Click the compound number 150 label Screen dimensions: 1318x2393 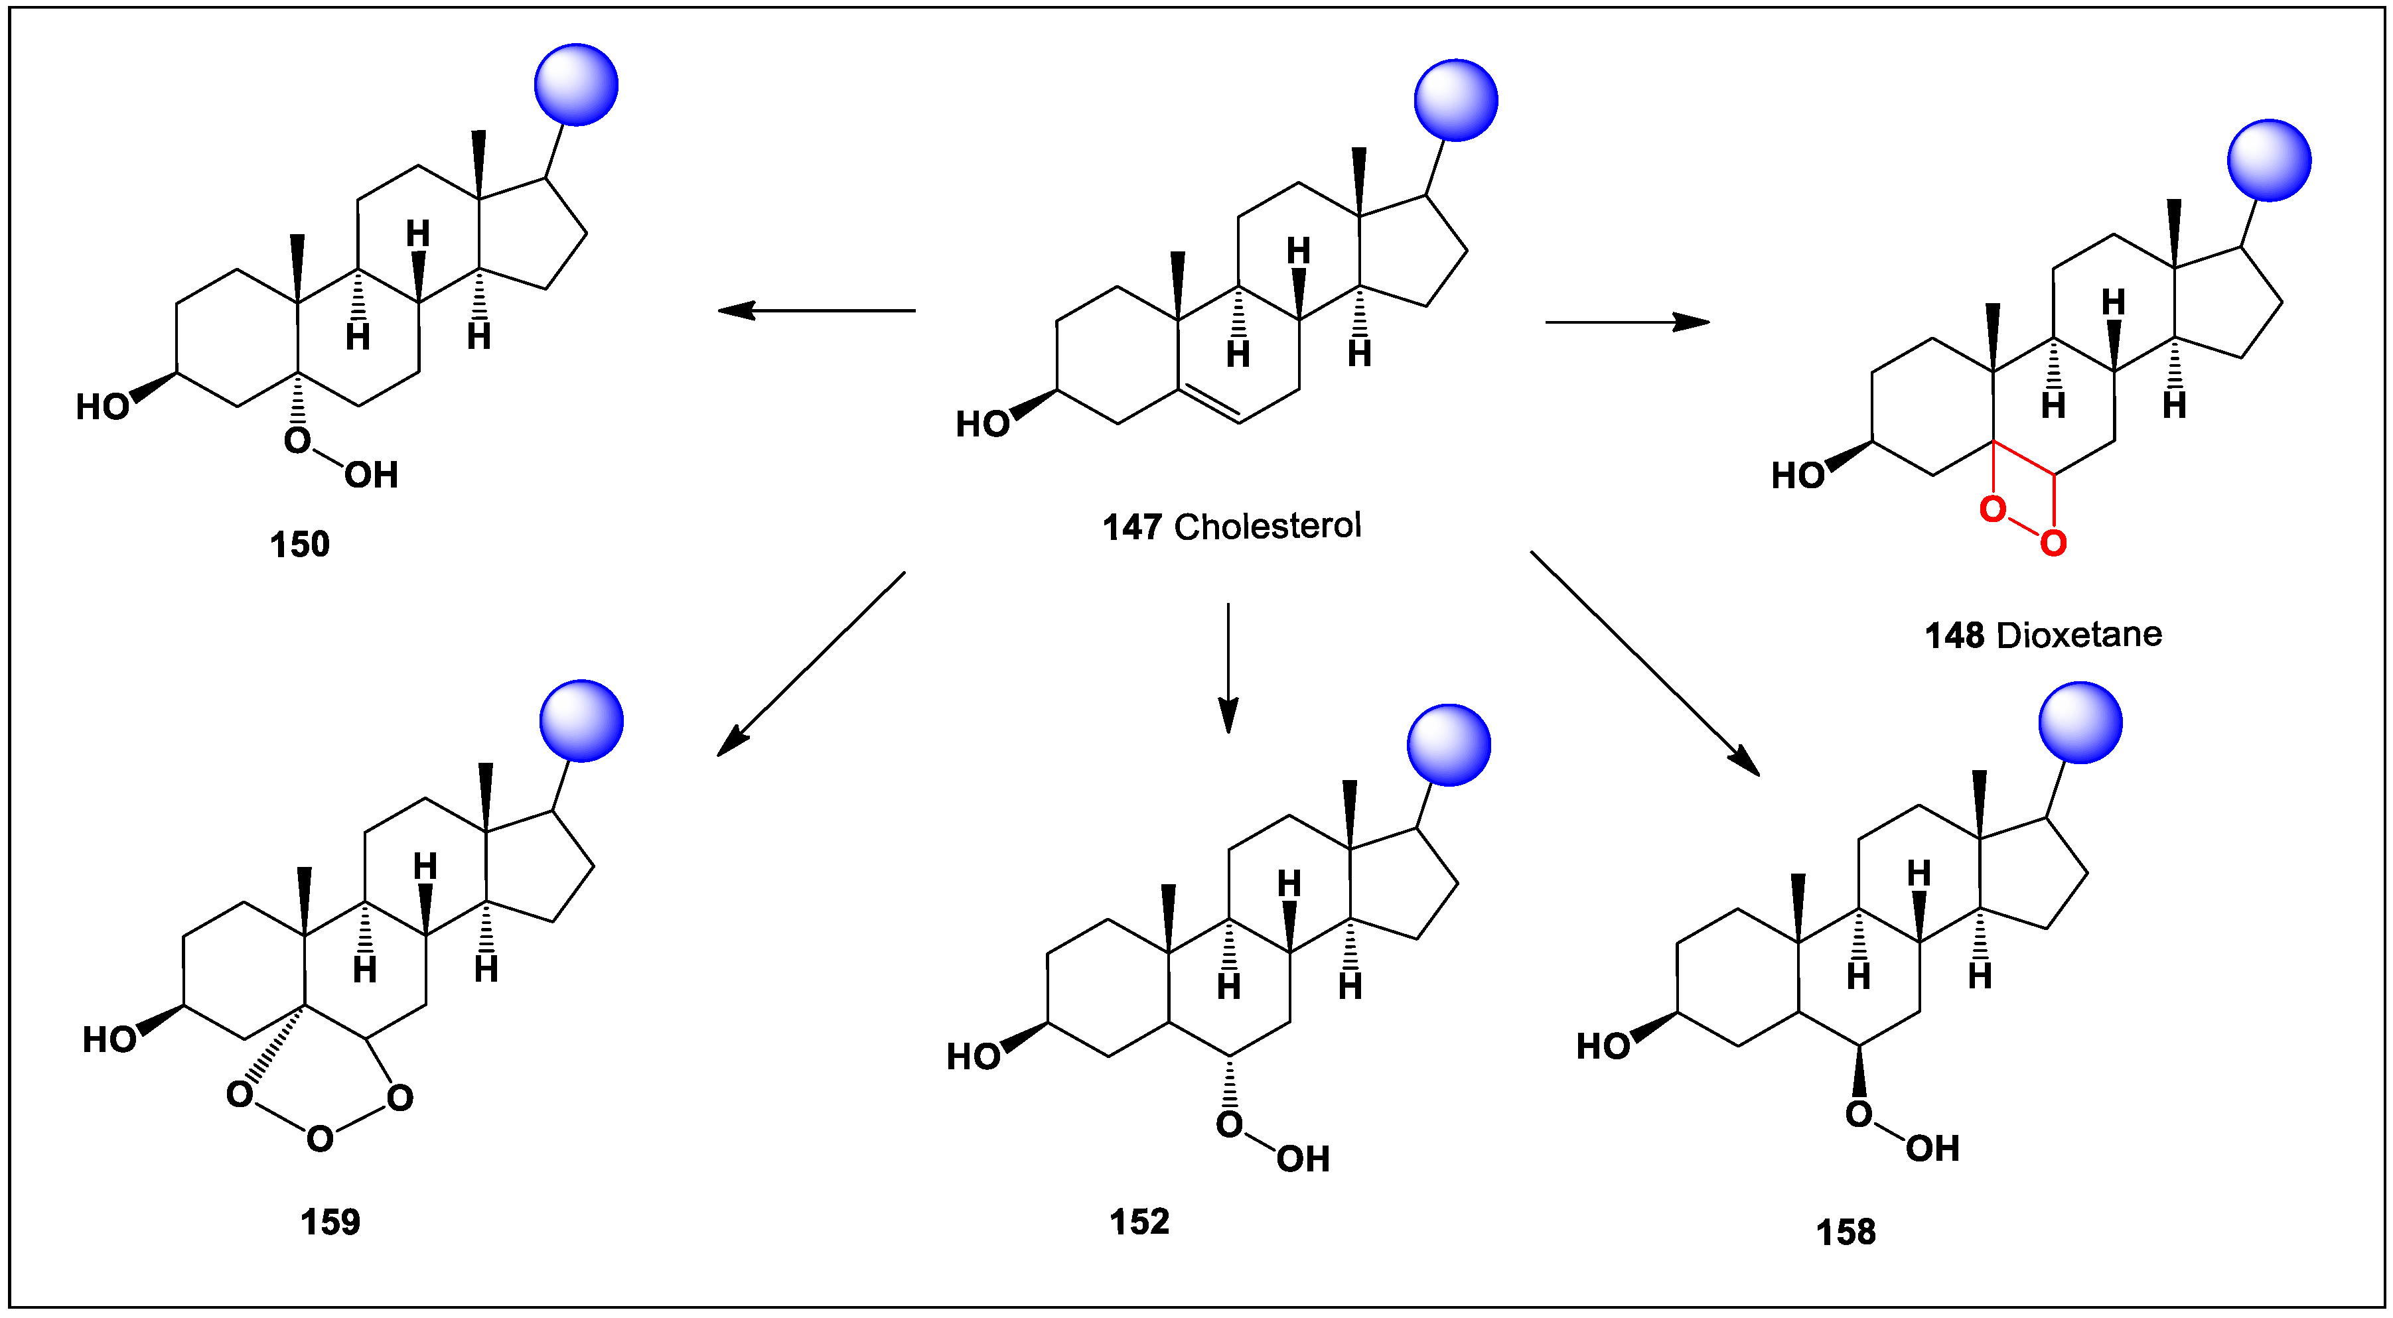click(299, 545)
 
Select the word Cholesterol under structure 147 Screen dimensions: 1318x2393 click(1267, 527)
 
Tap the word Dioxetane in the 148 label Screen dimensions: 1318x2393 click(2079, 635)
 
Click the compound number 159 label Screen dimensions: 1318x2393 click(330, 1222)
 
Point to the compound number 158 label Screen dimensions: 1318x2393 click(1845, 1232)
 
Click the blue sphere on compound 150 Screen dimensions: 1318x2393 click(576, 84)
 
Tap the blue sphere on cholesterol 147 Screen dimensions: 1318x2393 click(1456, 100)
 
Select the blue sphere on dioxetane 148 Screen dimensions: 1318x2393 click(2268, 161)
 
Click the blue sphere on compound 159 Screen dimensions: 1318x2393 click(581, 721)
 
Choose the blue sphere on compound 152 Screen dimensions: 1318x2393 click(1448, 745)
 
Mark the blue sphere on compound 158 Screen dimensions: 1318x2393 click(2080, 722)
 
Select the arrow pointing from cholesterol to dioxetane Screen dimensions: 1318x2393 click(1627, 322)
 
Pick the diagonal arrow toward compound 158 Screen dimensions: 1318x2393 click(1644, 663)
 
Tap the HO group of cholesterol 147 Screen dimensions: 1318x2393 click(982, 425)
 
